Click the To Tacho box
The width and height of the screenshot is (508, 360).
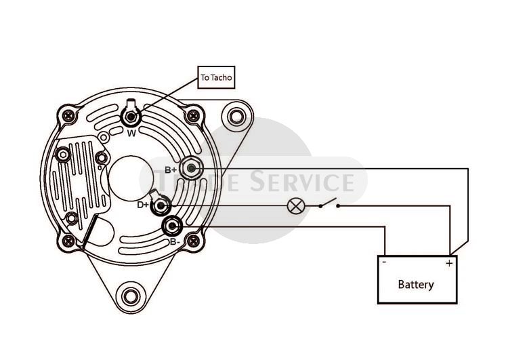tap(216, 77)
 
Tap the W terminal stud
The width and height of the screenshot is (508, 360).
tap(131, 117)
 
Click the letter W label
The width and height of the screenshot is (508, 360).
tap(131, 133)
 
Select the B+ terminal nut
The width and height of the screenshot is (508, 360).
tap(191, 168)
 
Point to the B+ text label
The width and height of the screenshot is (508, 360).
tap(171, 169)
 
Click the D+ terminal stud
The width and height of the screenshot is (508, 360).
tap(161, 205)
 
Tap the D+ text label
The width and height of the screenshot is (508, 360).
tap(143, 205)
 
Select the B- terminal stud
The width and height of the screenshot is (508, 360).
tap(172, 226)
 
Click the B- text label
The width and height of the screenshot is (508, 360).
tap(175, 242)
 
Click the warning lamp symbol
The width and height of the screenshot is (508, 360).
tap(295, 205)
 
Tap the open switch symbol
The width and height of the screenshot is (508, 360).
tap(329, 203)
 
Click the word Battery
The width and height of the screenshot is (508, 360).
tap(416, 285)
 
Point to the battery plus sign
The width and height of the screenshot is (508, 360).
tap(449, 263)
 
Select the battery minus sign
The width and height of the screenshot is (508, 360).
tap(384, 262)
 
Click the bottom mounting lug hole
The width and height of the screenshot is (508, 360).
tap(131, 296)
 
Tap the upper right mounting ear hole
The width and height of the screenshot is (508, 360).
tap(236, 116)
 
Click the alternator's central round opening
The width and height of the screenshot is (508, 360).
tap(131, 178)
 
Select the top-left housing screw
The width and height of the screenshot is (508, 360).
tap(68, 115)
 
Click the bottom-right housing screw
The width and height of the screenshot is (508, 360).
tap(194, 241)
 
